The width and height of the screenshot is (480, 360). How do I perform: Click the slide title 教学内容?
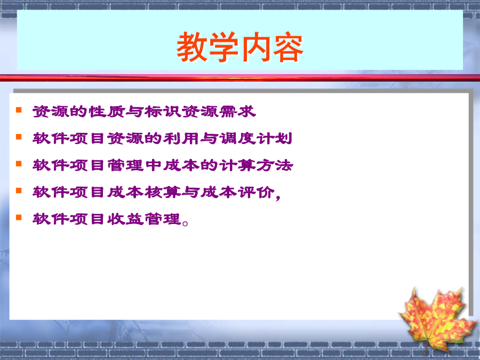pyautogui.click(x=240, y=47)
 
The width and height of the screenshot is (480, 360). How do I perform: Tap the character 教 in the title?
pyautogui.click(x=192, y=47)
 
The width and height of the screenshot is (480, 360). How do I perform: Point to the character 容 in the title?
pyautogui.click(x=288, y=47)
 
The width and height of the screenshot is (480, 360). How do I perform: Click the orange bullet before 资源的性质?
pyautogui.click(x=19, y=109)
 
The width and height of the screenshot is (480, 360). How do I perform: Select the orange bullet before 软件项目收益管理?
pyautogui.click(x=19, y=218)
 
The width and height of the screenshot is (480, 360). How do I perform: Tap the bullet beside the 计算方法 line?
pyautogui.click(x=19, y=164)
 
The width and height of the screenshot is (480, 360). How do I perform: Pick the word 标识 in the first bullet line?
pyautogui.click(x=163, y=111)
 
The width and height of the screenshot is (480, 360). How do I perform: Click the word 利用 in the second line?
pyautogui.click(x=181, y=138)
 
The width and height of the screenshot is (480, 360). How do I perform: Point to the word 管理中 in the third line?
pyautogui.click(x=134, y=165)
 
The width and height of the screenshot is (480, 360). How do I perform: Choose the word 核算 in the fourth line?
pyautogui.click(x=163, y=192)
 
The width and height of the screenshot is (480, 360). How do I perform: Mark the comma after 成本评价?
pyautogui.click(x=278, y=197)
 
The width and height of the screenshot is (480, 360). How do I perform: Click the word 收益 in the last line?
pyautogui.click(x=125, y=219)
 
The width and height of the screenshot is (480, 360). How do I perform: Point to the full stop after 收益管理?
pyautogui.click(x=185, y=223)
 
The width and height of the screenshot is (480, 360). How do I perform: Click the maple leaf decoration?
pyautogui.click(x=437, y=318)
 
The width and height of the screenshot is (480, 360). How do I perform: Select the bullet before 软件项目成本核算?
pyautogui.click(x=19, y=190)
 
